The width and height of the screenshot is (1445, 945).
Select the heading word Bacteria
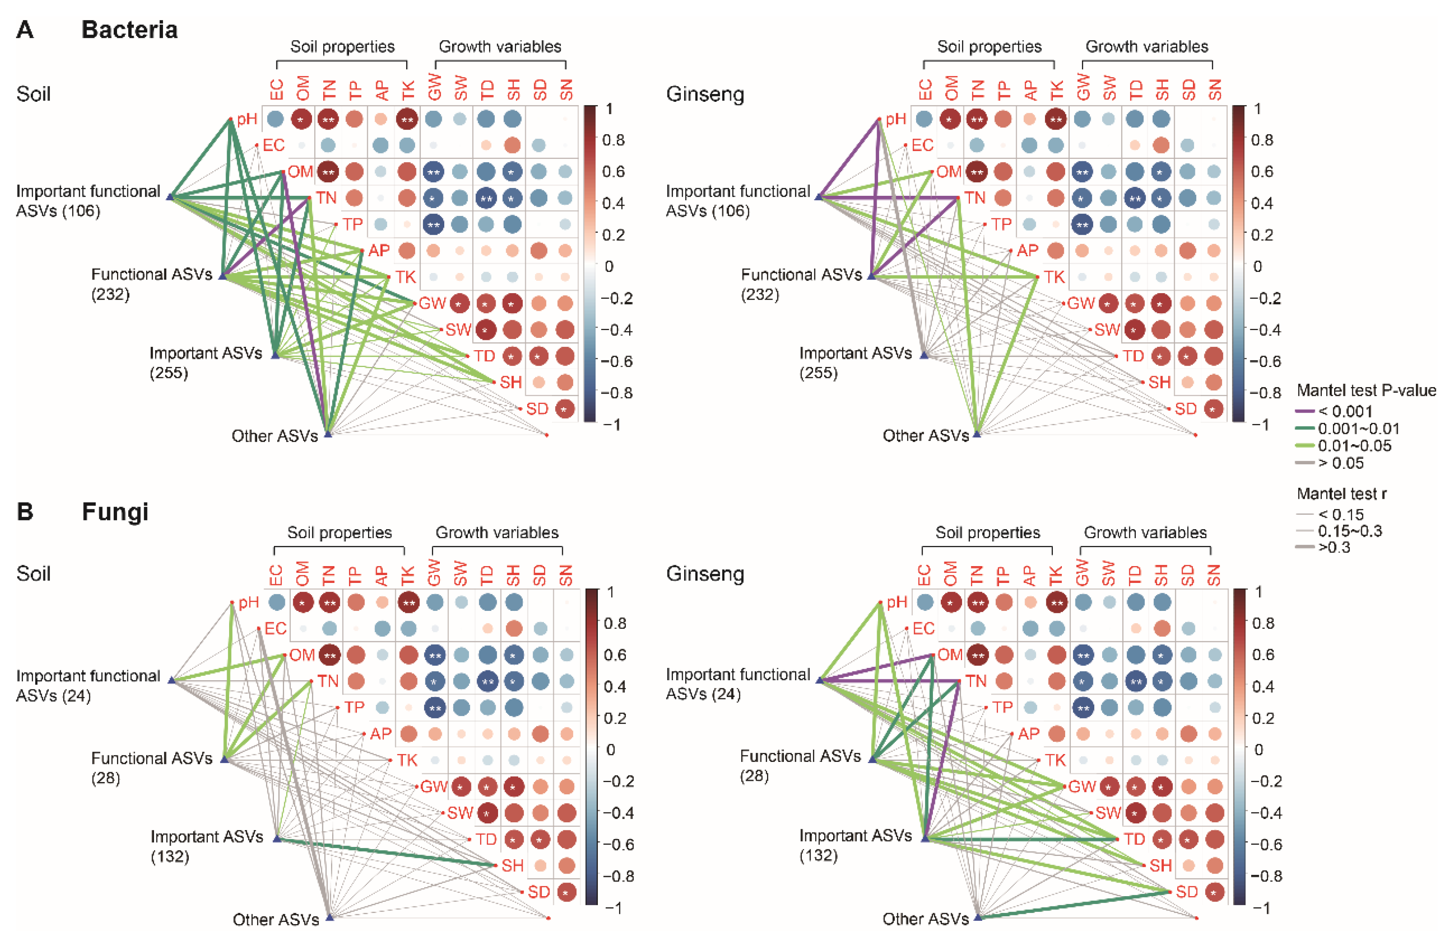point(129,30)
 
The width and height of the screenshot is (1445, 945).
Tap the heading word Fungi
point(115,511)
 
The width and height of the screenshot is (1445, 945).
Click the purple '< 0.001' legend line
point(1307,411)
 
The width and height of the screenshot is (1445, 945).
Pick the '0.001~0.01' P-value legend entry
point(1358,429)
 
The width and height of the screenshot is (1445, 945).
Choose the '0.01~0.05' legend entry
point(1358,445)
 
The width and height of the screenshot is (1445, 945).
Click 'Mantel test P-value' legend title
point(1366,390)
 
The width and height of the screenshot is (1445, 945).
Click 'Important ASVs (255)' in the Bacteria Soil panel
point(205,362)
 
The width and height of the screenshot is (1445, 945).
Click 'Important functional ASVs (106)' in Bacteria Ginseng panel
point(737,201)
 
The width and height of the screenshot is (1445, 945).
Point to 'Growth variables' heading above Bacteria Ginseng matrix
point(1146,47)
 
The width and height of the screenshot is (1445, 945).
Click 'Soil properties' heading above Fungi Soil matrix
point(340,532)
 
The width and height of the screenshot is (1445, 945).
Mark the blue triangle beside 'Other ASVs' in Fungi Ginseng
point(977,917)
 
